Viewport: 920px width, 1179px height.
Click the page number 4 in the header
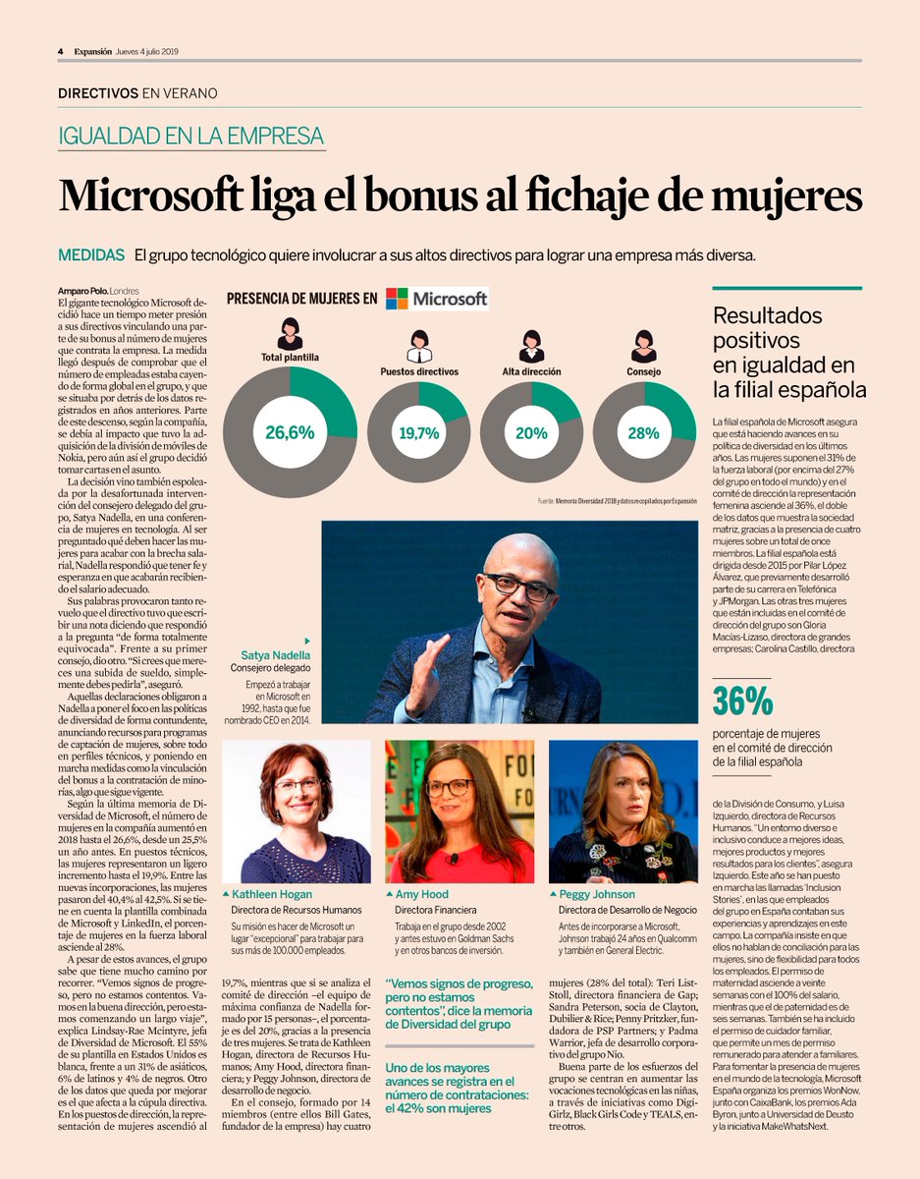point(61,51)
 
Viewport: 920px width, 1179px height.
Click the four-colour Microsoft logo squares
point(397,299)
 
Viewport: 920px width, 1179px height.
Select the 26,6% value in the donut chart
point(290,432)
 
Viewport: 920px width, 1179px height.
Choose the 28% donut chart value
point(643,432)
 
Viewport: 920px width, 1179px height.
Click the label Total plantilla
point(290,358)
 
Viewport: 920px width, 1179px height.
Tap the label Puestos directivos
point(419,372)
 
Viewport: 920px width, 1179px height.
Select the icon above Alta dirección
point(531,346)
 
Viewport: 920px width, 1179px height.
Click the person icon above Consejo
point(643,346)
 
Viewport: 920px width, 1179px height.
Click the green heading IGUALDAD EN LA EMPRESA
point(191,137)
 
